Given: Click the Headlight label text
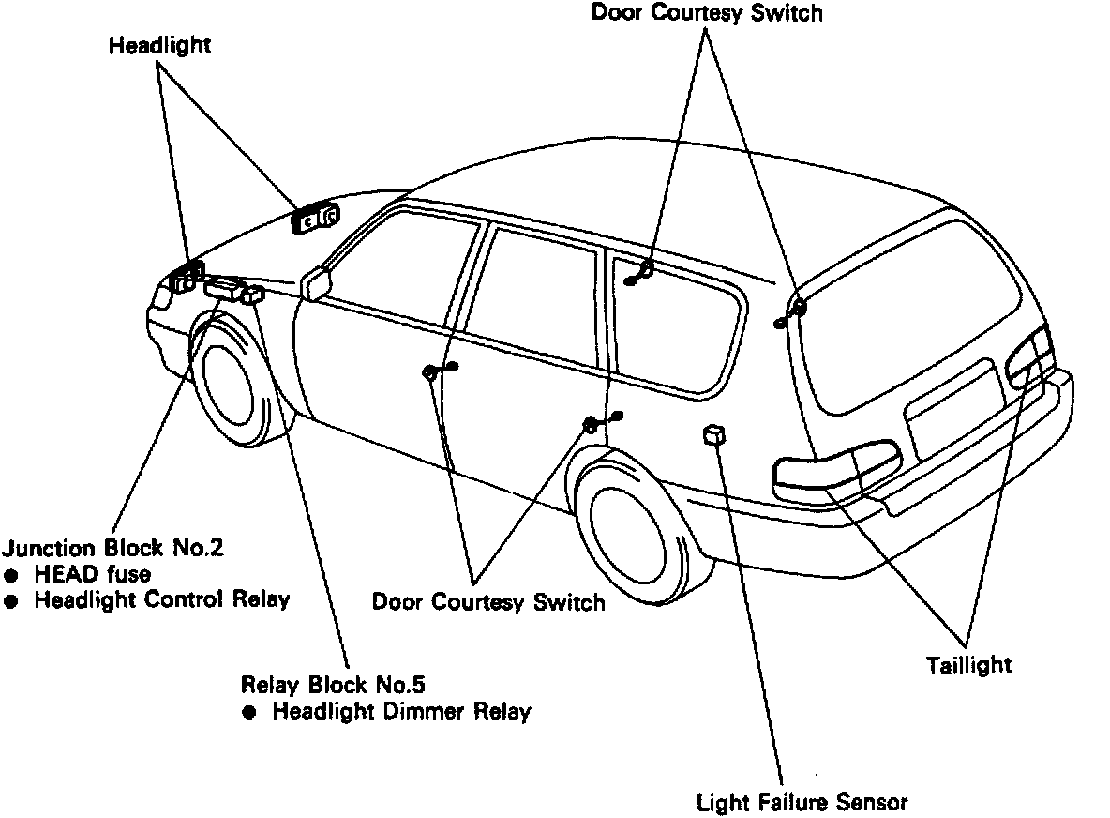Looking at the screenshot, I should coord(159,45).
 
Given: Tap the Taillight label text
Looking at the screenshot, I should coord(969,665).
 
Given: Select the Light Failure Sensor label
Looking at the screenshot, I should coord(802,802).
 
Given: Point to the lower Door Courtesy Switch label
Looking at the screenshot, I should coord(488,601).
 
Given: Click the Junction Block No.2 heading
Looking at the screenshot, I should coord(113,548).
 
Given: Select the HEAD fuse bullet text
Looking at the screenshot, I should coord(92,574).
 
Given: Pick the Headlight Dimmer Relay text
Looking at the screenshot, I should coord(401,711).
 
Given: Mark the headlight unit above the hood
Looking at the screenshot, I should coord(315,219).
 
